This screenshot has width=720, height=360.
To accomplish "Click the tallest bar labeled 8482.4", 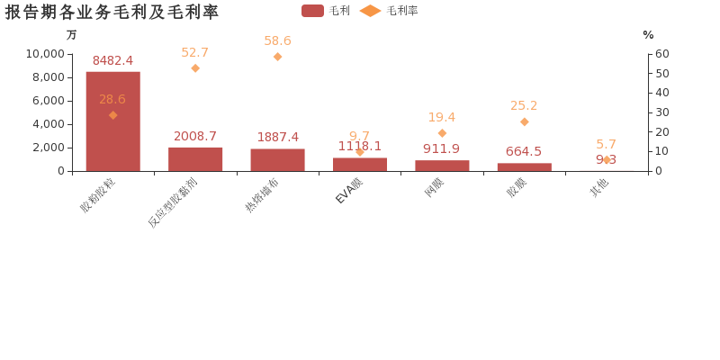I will tap(112, 121).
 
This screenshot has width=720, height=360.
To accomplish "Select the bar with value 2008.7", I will tap(195, 159).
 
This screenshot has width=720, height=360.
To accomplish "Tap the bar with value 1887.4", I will tap(277, 160).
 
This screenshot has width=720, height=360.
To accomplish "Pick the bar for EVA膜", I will tap(360, 165).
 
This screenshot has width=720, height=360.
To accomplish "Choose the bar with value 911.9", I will tap(442, 166).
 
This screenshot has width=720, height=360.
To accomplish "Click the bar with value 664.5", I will tap(524, 167).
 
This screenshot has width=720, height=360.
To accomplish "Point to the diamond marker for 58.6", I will tap(277, 57).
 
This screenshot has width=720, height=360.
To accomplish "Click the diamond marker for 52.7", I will tap(195, 67).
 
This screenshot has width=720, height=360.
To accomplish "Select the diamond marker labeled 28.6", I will tap(112, 115).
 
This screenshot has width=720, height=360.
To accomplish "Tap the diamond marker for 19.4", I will tap(442, 133).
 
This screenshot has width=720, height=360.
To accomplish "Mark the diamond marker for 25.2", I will tap(524, 121).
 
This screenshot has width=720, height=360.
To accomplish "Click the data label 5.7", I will tap(606, 144).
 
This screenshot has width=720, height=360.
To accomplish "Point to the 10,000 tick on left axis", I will tap(42, 54).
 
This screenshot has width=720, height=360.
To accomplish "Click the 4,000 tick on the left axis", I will tap(48, 124).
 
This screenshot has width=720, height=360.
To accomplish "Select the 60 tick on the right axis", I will tap(661, 54).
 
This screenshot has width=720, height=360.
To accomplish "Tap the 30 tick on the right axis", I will tap(661, 112).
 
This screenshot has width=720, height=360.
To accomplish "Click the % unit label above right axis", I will tap(648, 35).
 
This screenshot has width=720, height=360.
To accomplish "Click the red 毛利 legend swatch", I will tap(312, 11).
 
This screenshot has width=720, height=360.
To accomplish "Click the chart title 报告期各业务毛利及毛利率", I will tap(112, 12).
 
